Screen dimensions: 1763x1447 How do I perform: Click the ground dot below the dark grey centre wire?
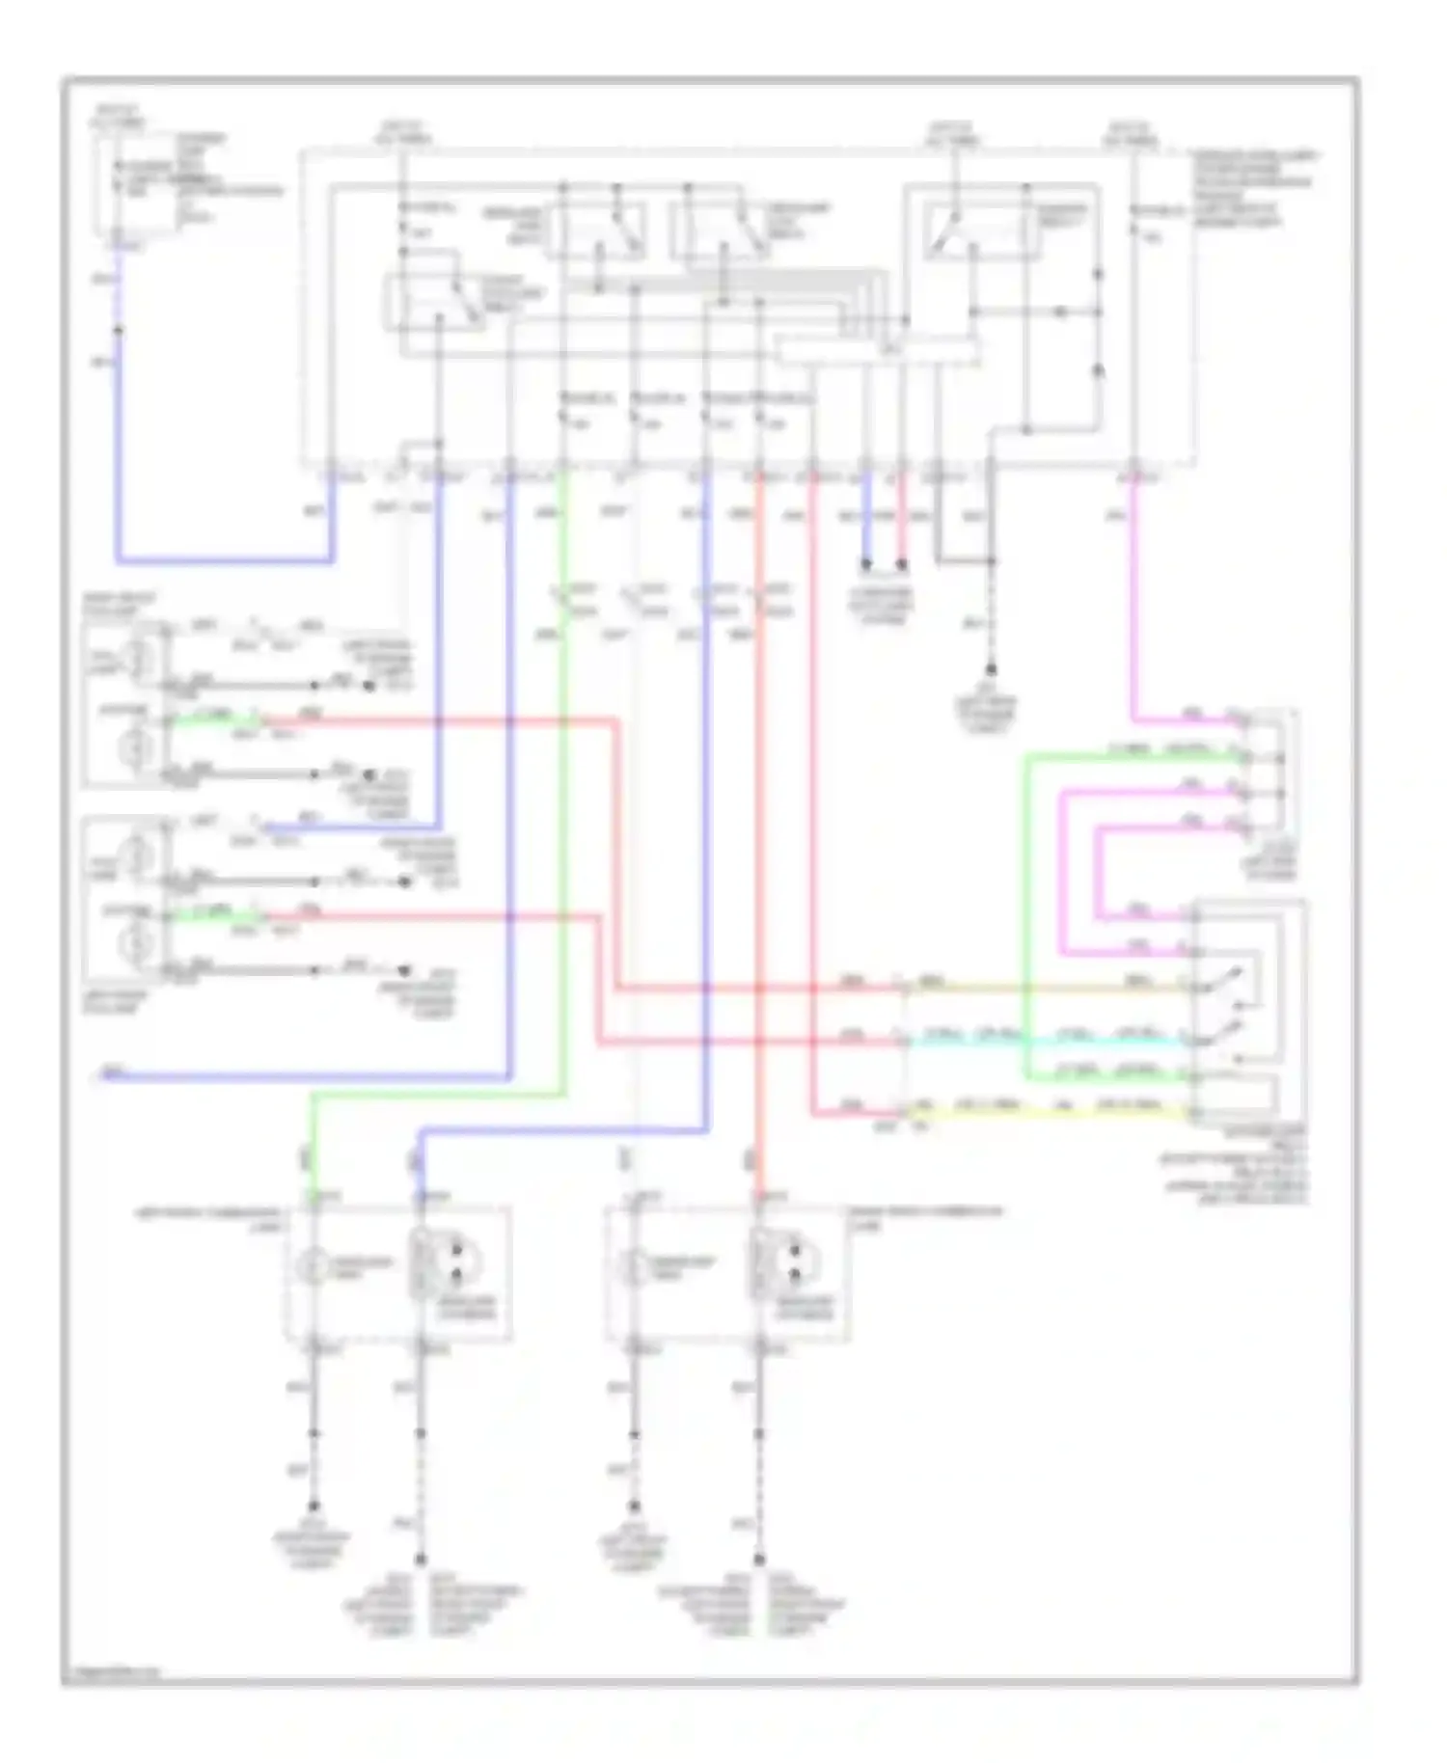[991, 669]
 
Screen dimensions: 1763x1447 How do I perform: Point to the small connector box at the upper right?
[1269, 772]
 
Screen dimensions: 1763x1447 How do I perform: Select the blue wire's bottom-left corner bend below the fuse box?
[119, 559]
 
